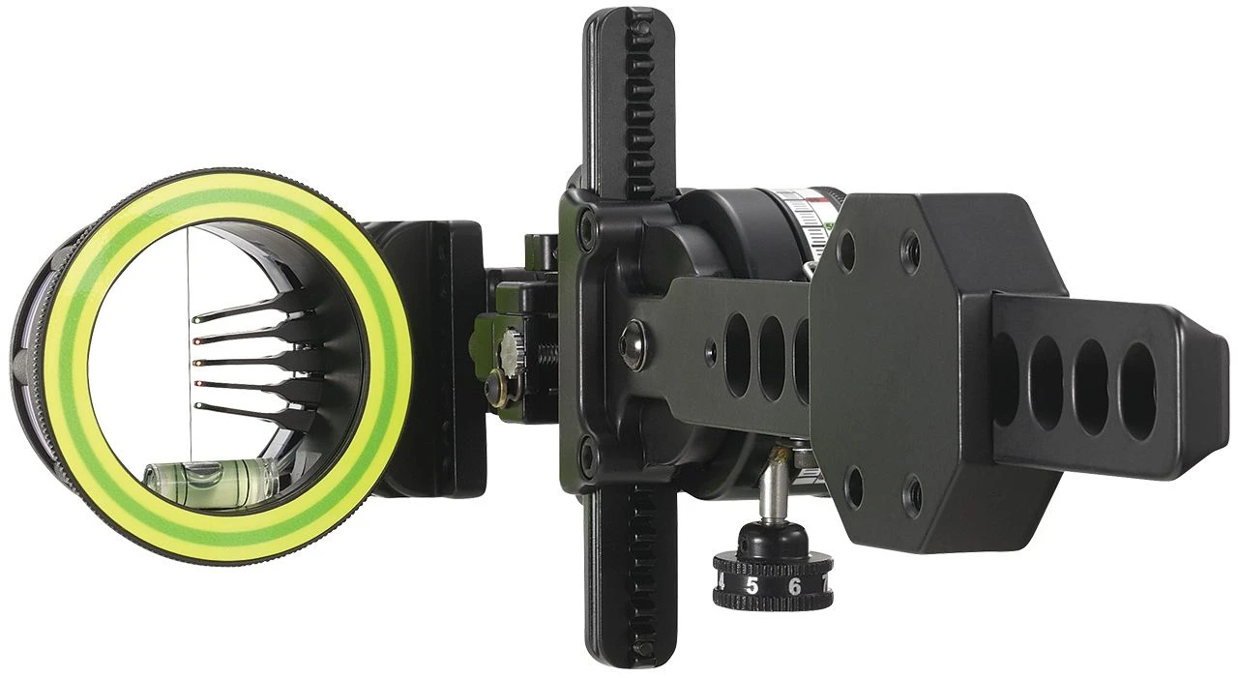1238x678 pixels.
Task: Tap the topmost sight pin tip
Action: (197, 318)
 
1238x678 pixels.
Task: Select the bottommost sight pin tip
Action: (197, 405)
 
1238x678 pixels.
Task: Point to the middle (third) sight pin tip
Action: (197, 363)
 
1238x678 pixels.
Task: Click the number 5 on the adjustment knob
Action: (752, 586)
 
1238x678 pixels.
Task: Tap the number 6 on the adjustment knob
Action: (793, 586)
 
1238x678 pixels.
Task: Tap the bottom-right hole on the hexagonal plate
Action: (912, 497)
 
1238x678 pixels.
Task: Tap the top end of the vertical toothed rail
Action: (629, 24)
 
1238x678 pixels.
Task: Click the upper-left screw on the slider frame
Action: (587, 230)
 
